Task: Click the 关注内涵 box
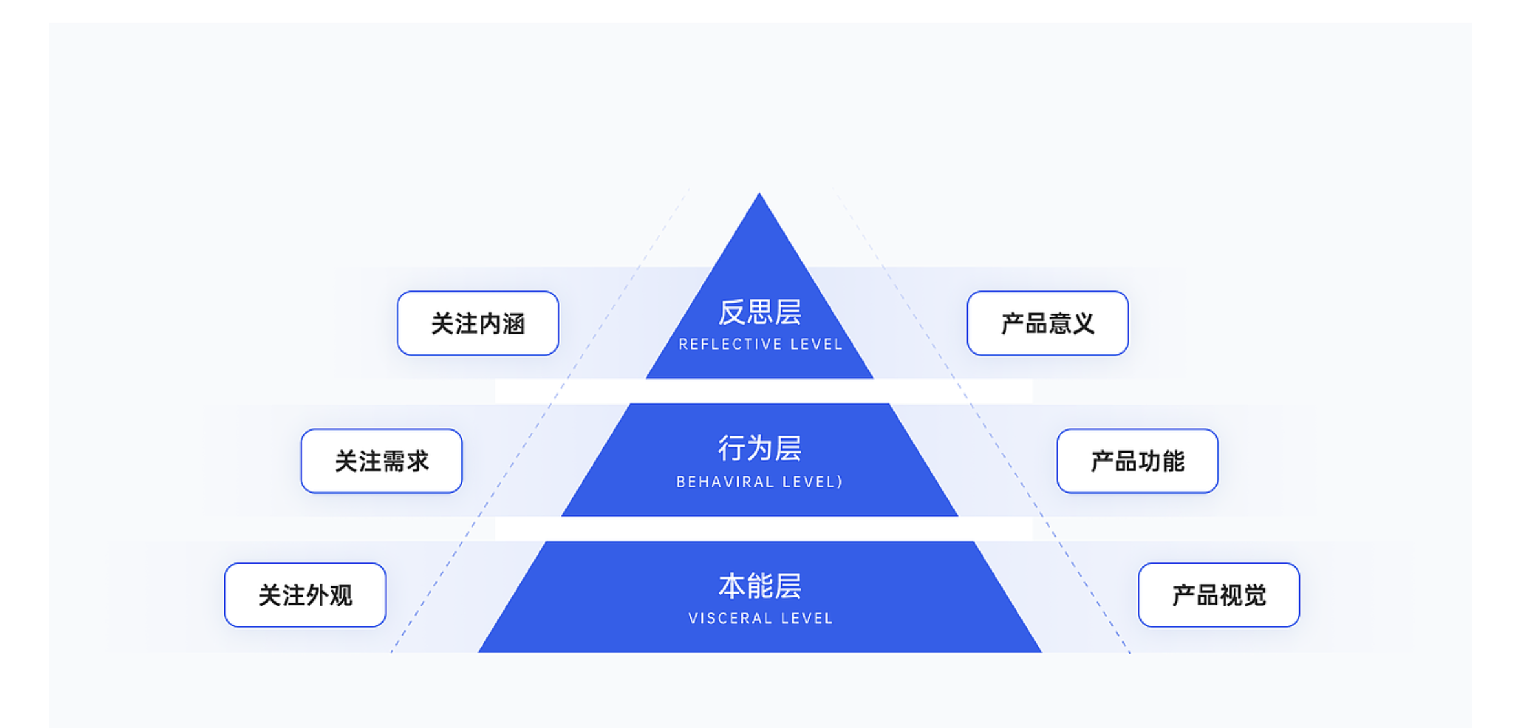(x=477, y=323)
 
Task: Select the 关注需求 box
(x=382, y=461)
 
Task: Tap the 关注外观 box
(x=305, y=595)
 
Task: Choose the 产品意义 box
(x=1047, y=323)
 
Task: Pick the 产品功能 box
(x=1137, y=461)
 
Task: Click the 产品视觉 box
(x=1219, y=595)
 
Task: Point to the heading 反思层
(x=759, y=312)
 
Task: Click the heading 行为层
(x=759, y=448)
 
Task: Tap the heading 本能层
(x=759, y=586)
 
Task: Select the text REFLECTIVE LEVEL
(x=760, y=345)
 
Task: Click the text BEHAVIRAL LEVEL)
(x=759, y=482)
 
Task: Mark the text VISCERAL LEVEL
(x=760, y=619)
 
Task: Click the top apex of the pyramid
(x=759, y=195)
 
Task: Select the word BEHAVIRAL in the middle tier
(x=724, y=482)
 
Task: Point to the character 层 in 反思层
(x=788, y=312)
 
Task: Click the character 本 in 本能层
(x=732, y=586)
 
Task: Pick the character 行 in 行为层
(x=732, y=448)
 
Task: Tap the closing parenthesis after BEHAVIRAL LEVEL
(x=840, y=482)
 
